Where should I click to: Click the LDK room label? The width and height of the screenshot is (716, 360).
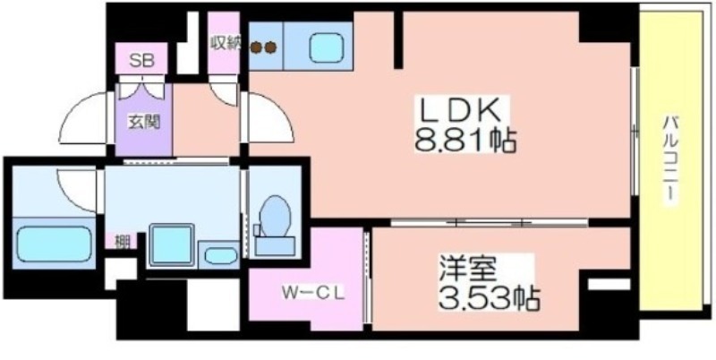461,110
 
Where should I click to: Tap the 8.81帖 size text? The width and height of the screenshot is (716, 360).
465,141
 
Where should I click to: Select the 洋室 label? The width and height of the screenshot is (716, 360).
467,271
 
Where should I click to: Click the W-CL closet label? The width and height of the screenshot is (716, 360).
312,292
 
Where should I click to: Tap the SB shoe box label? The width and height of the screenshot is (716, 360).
141,60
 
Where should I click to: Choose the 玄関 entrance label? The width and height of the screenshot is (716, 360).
143,122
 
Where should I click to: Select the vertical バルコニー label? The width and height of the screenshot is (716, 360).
669,160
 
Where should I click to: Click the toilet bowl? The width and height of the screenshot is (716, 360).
275,216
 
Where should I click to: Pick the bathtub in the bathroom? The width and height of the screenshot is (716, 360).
55,244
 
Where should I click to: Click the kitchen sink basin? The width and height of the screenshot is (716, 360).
326,47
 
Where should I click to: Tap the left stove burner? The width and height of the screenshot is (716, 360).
257,47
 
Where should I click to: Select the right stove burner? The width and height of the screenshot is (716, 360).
271,47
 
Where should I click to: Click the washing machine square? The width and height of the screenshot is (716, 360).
171,244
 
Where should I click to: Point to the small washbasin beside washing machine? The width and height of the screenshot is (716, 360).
220,256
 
